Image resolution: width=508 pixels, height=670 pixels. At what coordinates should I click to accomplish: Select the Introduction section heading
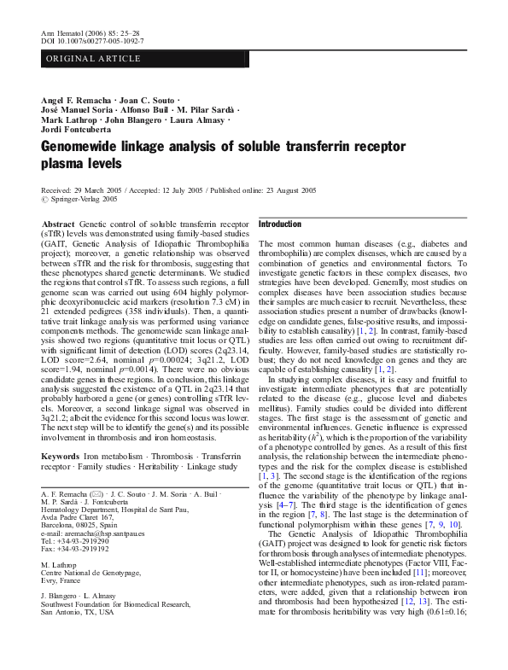279,224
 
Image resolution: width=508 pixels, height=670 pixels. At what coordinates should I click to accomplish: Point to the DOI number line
93,40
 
